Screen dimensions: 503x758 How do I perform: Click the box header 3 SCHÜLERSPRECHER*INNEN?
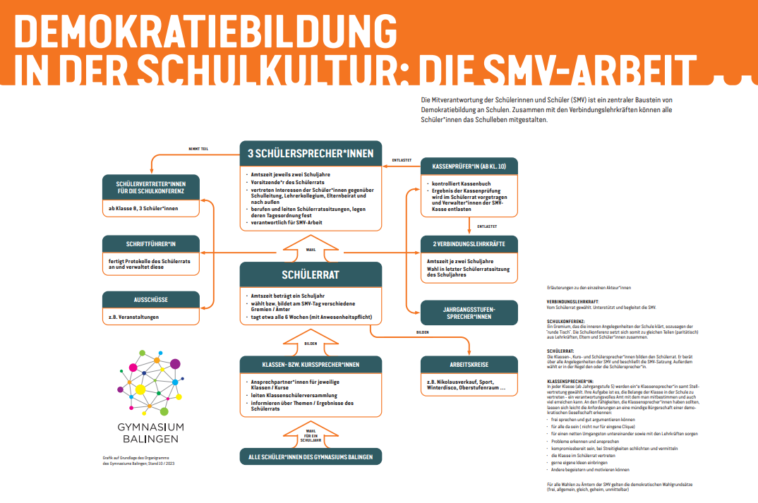click(311, 152)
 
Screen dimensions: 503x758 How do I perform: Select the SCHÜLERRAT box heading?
click(311, 274)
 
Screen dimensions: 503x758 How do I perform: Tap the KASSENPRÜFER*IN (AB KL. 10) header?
click(469, 166)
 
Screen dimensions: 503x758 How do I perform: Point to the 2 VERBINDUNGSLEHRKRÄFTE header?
click(469, 244)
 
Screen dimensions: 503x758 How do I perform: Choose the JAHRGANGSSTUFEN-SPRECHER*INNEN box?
click(469, 313)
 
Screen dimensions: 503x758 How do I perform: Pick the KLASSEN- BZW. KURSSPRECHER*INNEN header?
click(311, 364)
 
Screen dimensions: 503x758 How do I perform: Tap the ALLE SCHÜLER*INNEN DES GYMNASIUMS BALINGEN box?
click(311, 456)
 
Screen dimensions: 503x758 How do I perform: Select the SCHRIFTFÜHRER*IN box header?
click(152, 243)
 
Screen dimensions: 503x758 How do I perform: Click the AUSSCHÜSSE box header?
click(152, 299)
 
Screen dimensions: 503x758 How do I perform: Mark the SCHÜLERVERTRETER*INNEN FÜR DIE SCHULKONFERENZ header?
click(152, 186)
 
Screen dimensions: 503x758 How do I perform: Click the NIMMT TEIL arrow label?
click(198, 150)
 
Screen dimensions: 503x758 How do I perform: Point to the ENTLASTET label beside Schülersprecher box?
click(402, 161)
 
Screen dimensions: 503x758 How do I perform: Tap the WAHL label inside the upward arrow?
click(311, 249)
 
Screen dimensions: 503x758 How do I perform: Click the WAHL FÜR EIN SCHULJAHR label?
click(311, 435)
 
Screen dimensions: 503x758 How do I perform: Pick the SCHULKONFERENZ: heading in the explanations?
click(565, 321)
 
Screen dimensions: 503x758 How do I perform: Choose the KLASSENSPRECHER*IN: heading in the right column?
click(568, 380)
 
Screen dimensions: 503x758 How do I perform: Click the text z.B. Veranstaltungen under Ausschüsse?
click(134, 317)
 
